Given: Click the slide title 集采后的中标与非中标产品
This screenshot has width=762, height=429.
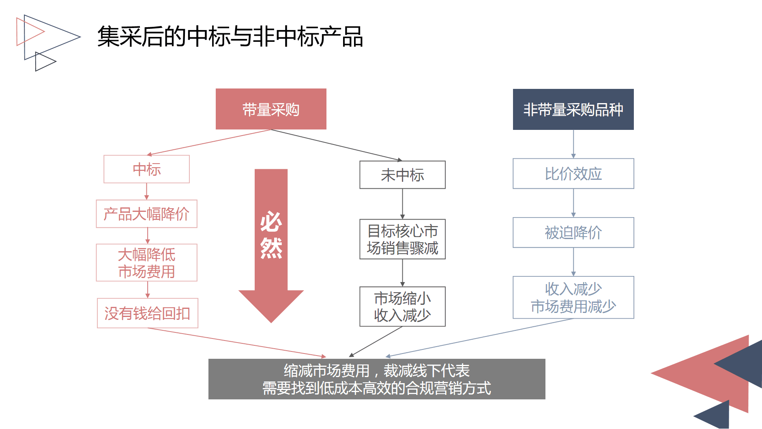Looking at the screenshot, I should [230, 37].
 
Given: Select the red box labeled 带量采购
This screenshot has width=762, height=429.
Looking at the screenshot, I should [271, 109].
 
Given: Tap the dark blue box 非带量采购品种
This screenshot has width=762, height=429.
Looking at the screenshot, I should [573, 110].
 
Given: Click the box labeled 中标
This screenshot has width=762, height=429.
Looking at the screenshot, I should [146, 169].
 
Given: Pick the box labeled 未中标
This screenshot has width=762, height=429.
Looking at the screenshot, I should [402, 175].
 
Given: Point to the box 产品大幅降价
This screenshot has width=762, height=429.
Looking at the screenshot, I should [146, 214].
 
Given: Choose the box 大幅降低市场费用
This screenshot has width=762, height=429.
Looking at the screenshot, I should [146, 263].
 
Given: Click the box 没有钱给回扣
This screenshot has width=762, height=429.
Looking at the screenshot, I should [147, 313].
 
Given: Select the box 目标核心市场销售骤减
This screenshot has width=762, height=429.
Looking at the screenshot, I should [402, 239].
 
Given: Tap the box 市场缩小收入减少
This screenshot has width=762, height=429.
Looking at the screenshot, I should [402, 306].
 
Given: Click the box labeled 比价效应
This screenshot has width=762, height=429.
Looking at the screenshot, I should [573, 174].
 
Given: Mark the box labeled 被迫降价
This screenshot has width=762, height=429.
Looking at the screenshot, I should [573, 233].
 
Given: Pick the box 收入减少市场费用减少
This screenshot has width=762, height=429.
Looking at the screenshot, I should [573, 297].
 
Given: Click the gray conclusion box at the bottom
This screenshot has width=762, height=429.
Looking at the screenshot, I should [377, 379].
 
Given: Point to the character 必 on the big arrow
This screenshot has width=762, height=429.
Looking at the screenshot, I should [271, 222].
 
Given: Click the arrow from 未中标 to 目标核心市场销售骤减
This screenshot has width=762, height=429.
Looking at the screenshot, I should [402, 204].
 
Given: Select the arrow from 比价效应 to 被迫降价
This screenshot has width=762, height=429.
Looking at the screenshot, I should [573, 203].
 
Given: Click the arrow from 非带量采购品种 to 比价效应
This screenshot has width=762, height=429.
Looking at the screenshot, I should [573, 144].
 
